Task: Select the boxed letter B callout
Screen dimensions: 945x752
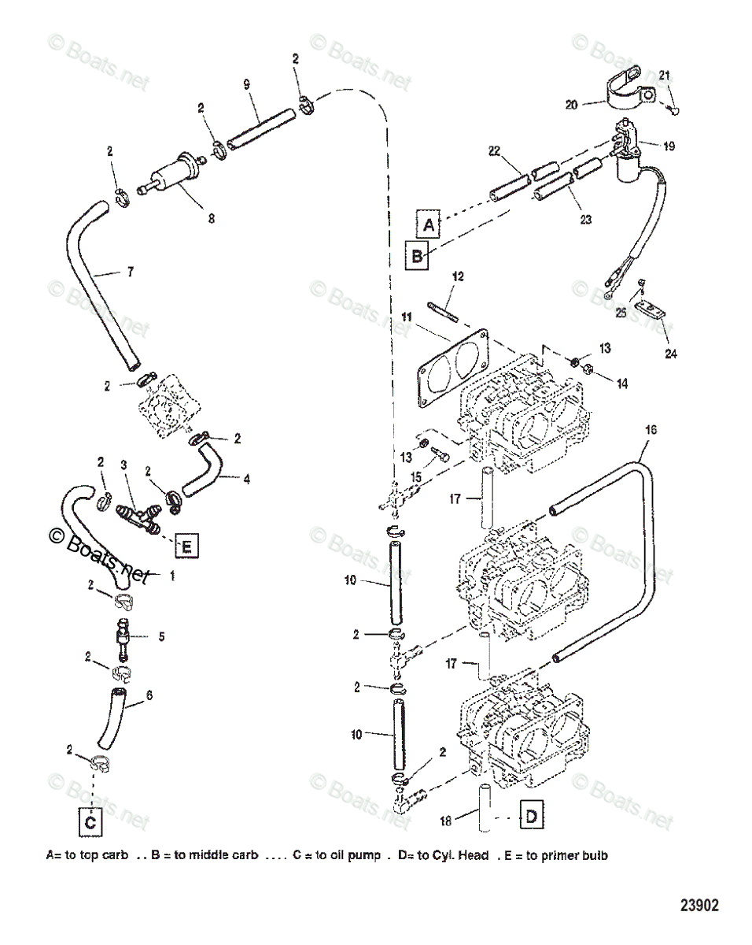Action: tap(417, 256)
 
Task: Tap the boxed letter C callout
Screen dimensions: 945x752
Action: tap(90, 822)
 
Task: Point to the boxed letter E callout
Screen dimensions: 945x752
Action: tap(186, 545)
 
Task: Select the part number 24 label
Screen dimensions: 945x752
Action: tap(670, 354)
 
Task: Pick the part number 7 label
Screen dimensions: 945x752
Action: tap(129, 272)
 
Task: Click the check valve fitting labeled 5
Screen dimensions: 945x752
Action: tap(124, 635)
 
